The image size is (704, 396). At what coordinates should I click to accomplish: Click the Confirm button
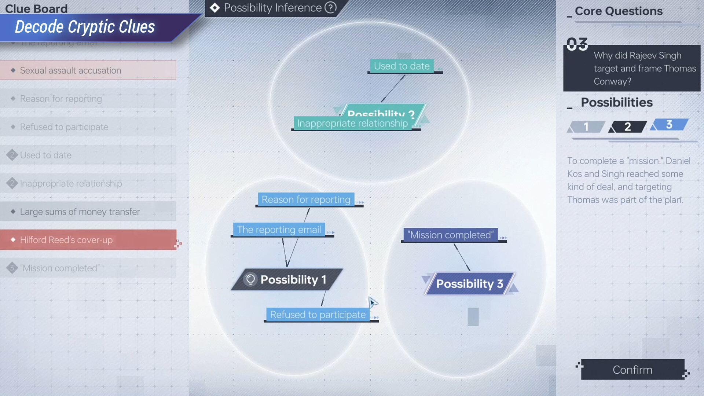click(x=632, y=370)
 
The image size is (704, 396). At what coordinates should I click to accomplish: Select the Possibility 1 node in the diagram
click(x=288, y=280)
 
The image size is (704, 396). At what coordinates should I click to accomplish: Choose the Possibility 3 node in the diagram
click(x=469, y=284)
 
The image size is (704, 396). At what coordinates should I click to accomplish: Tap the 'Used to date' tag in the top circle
click(x=401, y=66)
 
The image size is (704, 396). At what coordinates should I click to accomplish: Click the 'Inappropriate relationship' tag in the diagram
click(x=352, y=124)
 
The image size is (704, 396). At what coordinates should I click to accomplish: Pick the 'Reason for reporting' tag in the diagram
click(x=306, y=199)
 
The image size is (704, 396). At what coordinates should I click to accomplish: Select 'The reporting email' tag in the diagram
click(x=279, y=230)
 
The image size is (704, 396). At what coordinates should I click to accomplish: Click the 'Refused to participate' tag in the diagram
click(x=318, y=315)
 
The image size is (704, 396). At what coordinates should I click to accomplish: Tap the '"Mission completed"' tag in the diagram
click(x=450, y=235)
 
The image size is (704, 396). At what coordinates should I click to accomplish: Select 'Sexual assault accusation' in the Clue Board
click(x=88, y=70)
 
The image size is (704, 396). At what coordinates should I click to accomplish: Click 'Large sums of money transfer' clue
click(x=88, y=212)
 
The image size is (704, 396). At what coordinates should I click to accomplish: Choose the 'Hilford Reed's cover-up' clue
click(x=88, y=240)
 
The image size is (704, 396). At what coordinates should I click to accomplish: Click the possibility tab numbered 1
click(x=586, y=127)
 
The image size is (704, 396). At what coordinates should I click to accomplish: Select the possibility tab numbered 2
click(x=627, y=127)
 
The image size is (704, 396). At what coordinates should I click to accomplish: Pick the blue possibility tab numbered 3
click(x=669, y=125)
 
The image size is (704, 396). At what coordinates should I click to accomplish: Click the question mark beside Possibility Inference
click(x=330, y=8)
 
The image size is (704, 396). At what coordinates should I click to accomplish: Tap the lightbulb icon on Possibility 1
click(x=250, y=280)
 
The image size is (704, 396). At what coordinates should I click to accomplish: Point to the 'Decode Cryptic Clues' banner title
click(x=85, y=27)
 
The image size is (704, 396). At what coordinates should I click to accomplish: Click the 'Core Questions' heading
click(x=619, y=11)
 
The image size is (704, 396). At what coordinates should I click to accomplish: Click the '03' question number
click(x=577, y=44)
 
